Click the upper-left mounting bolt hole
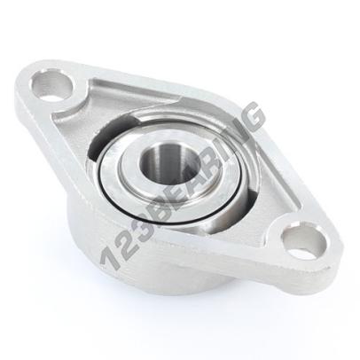[52, 85]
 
